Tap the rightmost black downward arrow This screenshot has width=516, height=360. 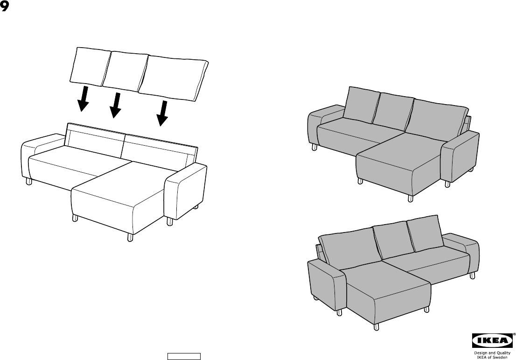pos(162,113)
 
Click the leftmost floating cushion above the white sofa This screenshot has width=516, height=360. pos(90,66)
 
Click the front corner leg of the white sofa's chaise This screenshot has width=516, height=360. pos(130,237)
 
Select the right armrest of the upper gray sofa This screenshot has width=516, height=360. pos(461,156)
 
